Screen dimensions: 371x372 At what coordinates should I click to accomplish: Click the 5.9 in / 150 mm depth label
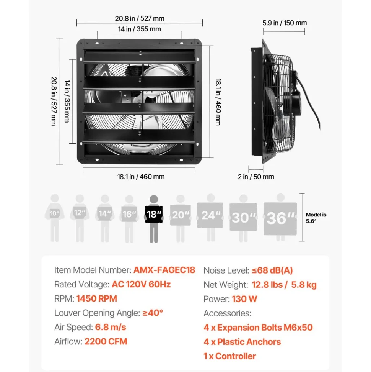(x=284, y=23)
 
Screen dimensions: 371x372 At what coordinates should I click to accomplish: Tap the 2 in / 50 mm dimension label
(x=256, y=177)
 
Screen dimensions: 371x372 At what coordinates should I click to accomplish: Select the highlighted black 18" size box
(x=154, y=214)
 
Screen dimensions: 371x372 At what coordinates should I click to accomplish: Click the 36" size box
(x=280, y=218)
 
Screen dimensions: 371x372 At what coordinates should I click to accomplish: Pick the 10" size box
(x=54, y=213)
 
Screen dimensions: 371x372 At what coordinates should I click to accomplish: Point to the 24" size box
(x=210, y=215)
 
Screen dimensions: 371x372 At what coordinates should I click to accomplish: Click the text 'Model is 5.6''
(x=316, y=218)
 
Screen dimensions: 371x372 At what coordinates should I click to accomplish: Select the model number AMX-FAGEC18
(x=164, y=270)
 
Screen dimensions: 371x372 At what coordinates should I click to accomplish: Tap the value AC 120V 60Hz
(x=141, y=284)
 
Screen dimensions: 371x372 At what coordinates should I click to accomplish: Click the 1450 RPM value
(x=97, y=298)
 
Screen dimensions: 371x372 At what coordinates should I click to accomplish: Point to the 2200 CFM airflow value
(x=106, y=341)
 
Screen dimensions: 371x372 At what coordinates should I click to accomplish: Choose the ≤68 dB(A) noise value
(x=272, y=270)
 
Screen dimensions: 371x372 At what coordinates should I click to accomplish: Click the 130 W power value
(x=244, y=299)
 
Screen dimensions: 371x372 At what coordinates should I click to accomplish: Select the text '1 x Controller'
(x=229, y=356)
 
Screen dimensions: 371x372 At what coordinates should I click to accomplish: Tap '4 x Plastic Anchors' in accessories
(x=242, y=342)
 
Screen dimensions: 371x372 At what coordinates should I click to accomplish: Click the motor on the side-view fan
(x=292, y=102)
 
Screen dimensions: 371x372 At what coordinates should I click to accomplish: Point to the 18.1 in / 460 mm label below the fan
(x=141, y=177)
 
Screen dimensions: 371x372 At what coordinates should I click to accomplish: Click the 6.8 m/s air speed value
(x=111, y=327)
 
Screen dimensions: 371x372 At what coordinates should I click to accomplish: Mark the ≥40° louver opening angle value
(x=153, y=313)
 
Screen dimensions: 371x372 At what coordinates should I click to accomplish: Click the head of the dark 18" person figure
(x=154, y=199)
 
